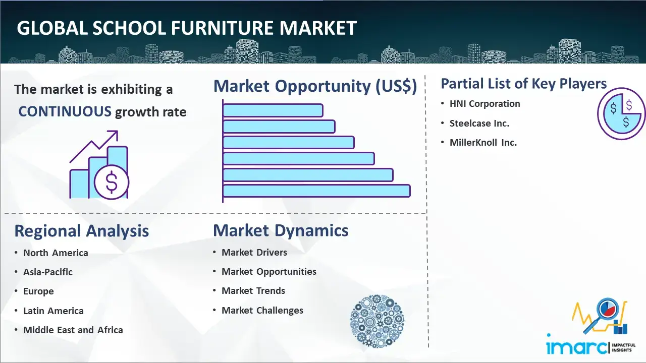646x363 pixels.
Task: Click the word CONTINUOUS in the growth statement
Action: coord(65,111)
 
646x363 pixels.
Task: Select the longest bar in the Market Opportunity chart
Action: coord(316,191)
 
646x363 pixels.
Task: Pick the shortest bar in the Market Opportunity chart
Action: coord(273,110)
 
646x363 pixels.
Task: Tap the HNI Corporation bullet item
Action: coord(485,104)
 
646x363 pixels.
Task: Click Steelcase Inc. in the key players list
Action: coord(479,124)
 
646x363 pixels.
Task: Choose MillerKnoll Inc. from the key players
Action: coord(483,143)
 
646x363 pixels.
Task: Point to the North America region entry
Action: coord(56,253)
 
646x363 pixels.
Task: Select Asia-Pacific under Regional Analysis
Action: coord(48,272)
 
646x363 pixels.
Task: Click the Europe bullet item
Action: coord(38,291)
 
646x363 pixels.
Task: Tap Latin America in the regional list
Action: coord(53,311)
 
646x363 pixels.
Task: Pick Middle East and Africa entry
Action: coord(73,330)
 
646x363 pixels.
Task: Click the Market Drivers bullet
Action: coord(254,253)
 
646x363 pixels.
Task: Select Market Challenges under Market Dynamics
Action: coord(262,310)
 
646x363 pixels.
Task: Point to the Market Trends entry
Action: coord(253,291)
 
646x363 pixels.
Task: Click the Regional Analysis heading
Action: coord(82,231)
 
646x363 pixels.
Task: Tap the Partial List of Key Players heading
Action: coord(524,84)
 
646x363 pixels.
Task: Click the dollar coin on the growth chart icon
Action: coord(112,182)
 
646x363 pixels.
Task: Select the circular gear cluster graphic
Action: coord(377,321)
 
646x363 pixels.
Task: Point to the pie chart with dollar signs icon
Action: coord(621,113)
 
